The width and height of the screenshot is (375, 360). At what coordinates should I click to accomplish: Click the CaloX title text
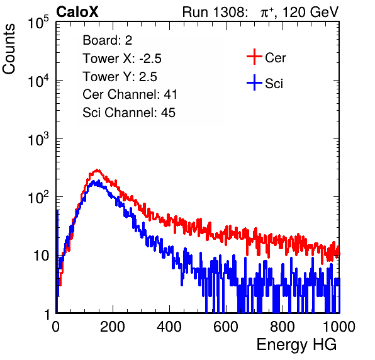tap(77, 12)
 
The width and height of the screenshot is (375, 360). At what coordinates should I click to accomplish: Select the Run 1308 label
tap(215, 12)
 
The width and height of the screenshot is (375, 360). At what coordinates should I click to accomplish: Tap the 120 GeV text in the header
tap(311, 12)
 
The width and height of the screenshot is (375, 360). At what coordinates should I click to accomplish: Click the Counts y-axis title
tap(9, 48)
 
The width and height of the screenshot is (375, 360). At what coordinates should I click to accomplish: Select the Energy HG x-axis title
tap(296, 345)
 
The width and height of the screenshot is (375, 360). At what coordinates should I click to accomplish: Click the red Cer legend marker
tap(254, 57)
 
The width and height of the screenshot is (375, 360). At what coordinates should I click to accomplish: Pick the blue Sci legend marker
tap(254, 82)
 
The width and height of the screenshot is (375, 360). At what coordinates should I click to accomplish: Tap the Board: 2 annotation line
tap(108, 40)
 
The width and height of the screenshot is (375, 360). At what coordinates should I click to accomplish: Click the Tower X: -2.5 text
tap(122, 59)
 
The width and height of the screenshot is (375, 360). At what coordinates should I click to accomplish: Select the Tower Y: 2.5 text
tap(120, 77)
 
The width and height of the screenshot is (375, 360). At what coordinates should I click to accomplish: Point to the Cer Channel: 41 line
tap(130, 94)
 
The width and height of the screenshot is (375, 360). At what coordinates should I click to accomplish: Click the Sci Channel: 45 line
tap(129, 113)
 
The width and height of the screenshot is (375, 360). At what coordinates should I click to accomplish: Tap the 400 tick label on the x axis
tap(169, 326)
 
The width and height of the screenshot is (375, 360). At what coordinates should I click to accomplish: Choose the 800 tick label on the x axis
tap(283, 326)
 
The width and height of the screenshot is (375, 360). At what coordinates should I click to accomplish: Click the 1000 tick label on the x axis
tap(339, 326)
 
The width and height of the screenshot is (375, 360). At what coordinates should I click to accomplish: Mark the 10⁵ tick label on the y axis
tap(38, 23)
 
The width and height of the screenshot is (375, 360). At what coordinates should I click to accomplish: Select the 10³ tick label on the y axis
tap(38, 139)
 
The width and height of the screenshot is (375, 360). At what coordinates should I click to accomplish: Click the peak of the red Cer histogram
tap(97, 170)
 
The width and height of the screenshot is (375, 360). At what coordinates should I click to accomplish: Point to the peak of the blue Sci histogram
tap(94, 181)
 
